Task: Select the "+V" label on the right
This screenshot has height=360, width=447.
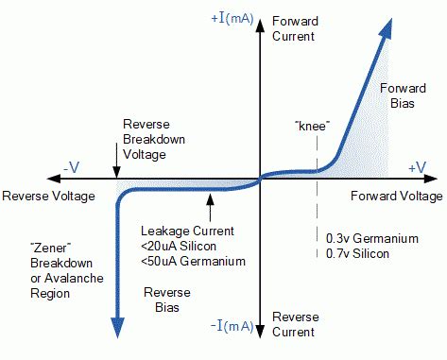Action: tap(418, 166)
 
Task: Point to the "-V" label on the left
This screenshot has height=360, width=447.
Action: tap(72, 167)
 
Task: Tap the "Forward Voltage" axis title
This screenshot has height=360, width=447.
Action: tap(395, 196)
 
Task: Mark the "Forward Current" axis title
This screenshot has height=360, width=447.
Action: tap(295, 27)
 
